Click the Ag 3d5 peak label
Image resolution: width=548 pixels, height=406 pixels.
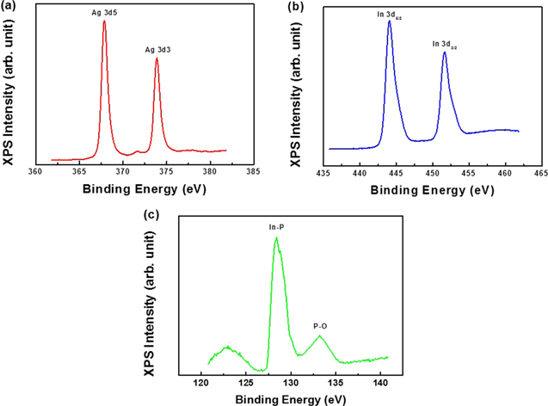(x=104, y=13)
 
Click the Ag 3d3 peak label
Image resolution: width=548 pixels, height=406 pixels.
(x=157, y=50)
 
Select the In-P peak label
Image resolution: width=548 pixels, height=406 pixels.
(x=276, y=228)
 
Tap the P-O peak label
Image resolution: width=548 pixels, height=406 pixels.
(x=320, y=326)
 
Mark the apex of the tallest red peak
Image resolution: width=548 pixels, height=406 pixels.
(x=104, y=22)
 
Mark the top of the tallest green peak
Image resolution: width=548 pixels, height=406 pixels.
(x=276, y=238)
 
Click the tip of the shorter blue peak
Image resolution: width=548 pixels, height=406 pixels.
(x=445, y=52)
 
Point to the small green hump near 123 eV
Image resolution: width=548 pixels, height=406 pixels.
(x=227, y=348)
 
